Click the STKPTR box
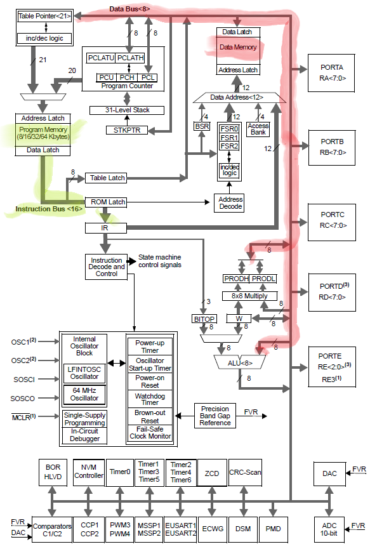tap(126, 131)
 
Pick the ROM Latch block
tap(107, 202)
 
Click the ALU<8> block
tap(237, 364)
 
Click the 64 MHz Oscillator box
tap(84, 394)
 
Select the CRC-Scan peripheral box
tap(244, 472)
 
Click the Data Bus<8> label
tap(130, 9)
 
